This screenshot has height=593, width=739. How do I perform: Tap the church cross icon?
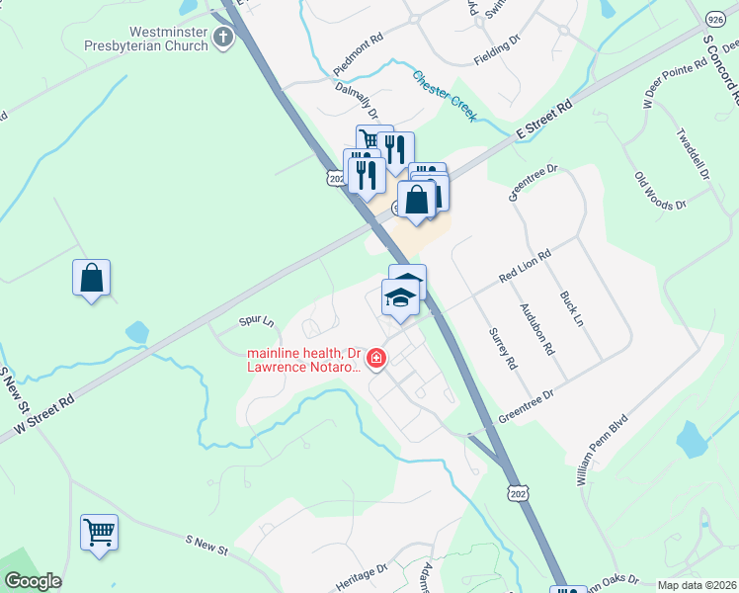223,39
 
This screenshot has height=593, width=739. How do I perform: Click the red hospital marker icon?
375,359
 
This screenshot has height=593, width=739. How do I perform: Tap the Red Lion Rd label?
524,266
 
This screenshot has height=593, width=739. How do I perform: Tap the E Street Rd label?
544,120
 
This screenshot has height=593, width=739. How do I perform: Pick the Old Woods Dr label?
660,191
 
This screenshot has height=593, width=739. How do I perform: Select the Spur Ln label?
256,321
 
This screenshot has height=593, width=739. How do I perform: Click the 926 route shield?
716,19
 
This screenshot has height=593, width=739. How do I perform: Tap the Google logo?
32,581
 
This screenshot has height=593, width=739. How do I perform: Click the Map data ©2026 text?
697,585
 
